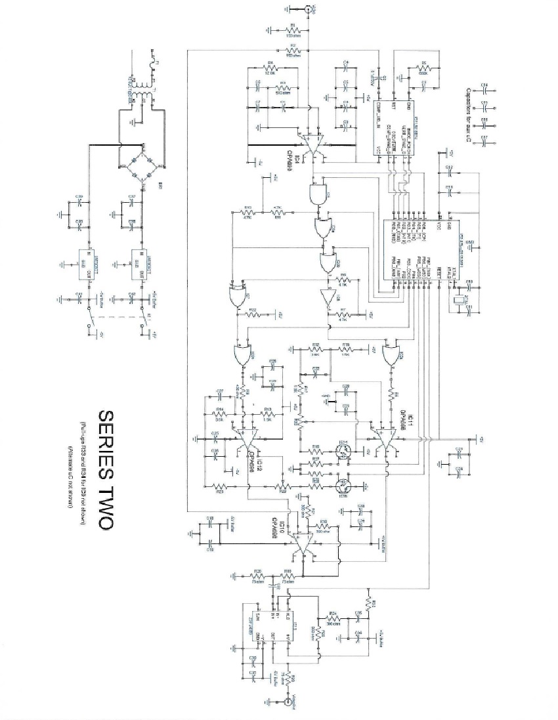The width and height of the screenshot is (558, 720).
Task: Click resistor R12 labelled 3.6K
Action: coord(316,349)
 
